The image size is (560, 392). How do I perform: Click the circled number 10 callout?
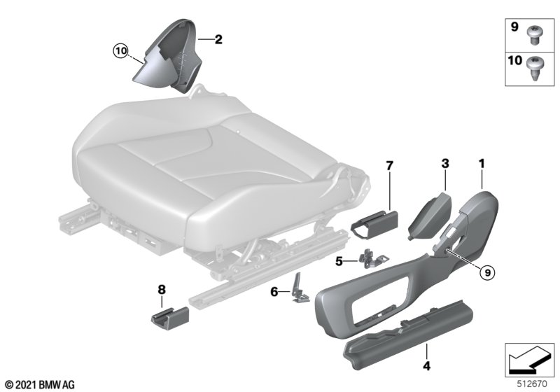pos(120,51)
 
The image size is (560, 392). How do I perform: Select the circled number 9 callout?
pos(487,273)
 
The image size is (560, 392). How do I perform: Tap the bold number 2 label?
pos(218,39)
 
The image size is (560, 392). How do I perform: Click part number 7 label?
pos(389,166)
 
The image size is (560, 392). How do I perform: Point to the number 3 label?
pos(445,164)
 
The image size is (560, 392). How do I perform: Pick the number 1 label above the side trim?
pos(482,164)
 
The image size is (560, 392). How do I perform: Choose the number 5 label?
pos(339,262)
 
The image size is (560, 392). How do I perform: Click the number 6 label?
pos(274,292)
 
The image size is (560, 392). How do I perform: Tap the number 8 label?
pos(162,290)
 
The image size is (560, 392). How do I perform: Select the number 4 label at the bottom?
pos(426,365)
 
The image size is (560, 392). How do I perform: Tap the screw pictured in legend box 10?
pos(535,69)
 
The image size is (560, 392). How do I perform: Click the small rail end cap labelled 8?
pos(170,316)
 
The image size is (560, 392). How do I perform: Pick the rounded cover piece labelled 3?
pos(430,216)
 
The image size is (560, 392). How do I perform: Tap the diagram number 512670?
pos(532,384)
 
